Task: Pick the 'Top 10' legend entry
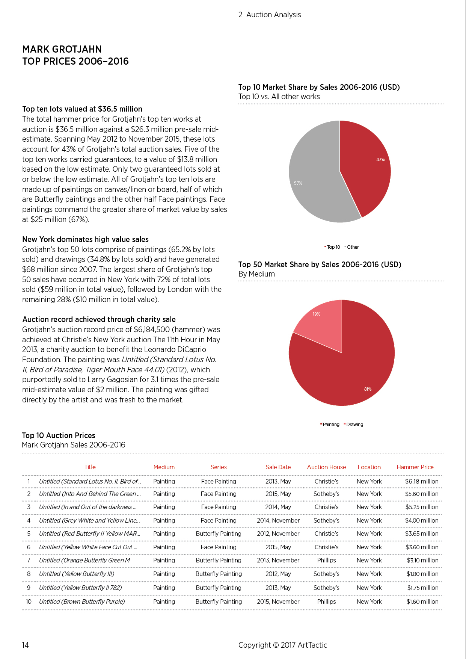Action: (332, 247)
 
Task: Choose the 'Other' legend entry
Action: (351, 247)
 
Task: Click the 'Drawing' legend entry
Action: (353, 425)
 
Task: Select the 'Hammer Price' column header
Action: (415, 467)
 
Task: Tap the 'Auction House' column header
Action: (326, 467)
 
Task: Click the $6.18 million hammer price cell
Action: (422, 481)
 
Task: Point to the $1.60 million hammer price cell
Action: (422, 602)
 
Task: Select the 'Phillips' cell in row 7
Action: (326, 560)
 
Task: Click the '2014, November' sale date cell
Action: (278, 520)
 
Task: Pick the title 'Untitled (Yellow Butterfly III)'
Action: (77, 574)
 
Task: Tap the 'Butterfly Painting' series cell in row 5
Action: (219, 534)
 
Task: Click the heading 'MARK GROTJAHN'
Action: (62, 49)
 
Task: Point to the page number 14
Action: (25, 645)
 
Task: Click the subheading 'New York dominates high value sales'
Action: (85, 239)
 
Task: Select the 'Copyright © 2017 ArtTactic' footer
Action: (283, 645)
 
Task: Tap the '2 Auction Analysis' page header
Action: (270, 15)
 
